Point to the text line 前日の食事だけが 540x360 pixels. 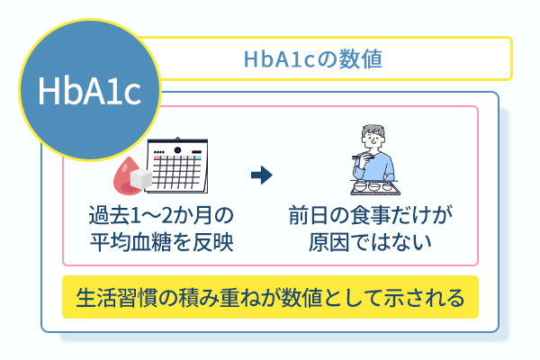click(370, 216)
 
